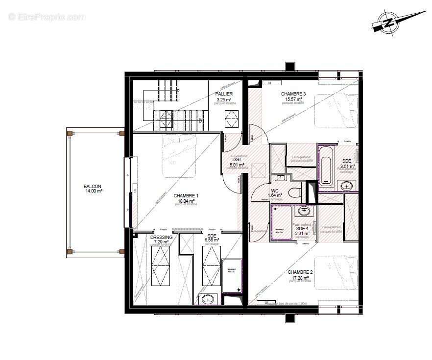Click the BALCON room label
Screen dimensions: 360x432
pos(93,186)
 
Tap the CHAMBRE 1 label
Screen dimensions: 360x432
pos(186,196)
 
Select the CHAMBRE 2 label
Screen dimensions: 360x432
pos(300,272)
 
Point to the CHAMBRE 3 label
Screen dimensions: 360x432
pos(293,94)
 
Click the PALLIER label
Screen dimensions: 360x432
pos(224,94)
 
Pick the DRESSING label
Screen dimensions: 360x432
pos(161,237)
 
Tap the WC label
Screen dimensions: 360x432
pos(275,191)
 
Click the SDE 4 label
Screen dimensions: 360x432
pos(302,228)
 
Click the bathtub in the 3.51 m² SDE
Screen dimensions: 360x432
pos(326,166)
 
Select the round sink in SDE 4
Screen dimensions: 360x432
pos(304,211)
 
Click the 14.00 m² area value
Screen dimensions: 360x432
pos(93,191)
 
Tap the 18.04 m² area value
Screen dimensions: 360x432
pos(186,200)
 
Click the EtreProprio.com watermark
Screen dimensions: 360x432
pos(47,17)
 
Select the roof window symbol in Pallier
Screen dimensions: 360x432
pos(231,116)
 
